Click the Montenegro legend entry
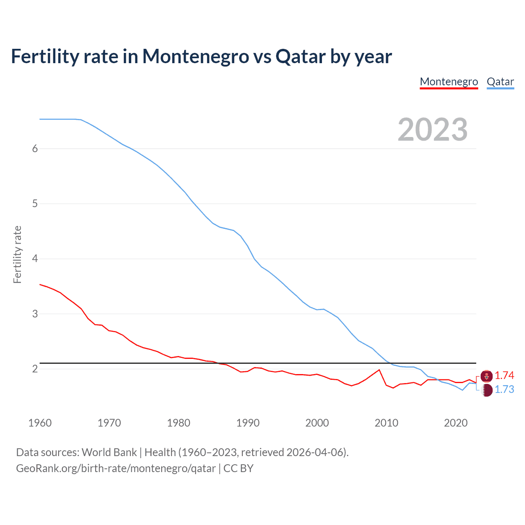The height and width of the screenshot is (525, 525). coord(449,82)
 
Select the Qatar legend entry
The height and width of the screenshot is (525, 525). coord(500,82)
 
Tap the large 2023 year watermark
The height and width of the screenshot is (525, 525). coord(432,130)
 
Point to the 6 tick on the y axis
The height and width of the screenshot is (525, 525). coord(35,148)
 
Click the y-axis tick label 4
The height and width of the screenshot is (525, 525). coord(35,258)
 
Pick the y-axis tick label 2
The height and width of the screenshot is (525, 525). coord(35,369)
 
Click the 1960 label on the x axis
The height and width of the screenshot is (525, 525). coord(40,423)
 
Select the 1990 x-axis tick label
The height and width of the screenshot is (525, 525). coord(248,423)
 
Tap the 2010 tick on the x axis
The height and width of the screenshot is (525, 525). coord(386,423)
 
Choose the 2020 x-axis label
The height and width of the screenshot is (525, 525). coord(456,423)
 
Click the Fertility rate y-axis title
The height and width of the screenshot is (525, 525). coord(17,254)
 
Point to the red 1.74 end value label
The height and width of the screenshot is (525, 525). coord(504,375)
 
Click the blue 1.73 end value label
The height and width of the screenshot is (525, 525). coord(504,389)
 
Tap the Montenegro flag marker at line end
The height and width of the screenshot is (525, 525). coord(486,376)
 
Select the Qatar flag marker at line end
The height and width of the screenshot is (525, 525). coord(486,390)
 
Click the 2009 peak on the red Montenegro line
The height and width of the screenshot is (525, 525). coord(379,370)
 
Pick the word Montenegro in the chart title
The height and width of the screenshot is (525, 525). coord(195,56)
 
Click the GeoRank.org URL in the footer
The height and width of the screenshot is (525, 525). coord(116,468)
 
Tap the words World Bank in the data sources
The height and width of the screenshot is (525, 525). coord(109,452)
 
